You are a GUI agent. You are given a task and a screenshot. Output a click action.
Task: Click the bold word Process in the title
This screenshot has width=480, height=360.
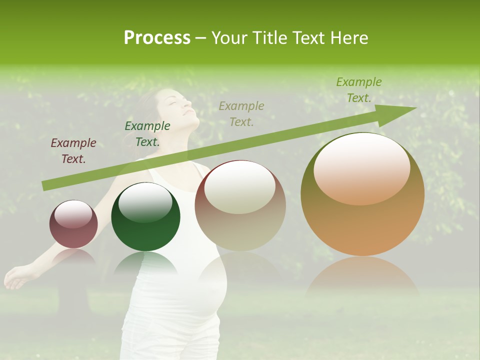[x=157, y=38]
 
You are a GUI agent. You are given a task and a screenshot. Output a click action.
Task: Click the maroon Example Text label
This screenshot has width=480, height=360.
[x=73, y=150]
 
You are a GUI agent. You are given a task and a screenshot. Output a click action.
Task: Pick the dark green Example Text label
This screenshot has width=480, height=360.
[x=147, y=134]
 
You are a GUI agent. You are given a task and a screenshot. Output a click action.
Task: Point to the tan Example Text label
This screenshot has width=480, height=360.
[x=241, y=113]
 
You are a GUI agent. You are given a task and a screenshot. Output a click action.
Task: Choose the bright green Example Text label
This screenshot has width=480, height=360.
[x=358, y=90]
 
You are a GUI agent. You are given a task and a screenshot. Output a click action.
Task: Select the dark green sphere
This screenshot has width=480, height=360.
[x=145, y=217]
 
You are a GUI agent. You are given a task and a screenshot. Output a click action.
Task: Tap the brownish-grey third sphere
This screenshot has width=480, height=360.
[x=240, y=205]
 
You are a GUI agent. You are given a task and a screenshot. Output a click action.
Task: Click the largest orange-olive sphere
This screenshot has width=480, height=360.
[x=362, y=194]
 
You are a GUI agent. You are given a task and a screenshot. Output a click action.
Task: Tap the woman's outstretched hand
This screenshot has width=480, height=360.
[x=15, y=277]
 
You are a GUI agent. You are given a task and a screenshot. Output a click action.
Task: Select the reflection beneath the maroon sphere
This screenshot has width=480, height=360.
[x=73, y=257]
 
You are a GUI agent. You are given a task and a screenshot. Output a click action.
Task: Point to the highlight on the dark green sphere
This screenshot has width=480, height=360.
[x=145, y=202]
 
